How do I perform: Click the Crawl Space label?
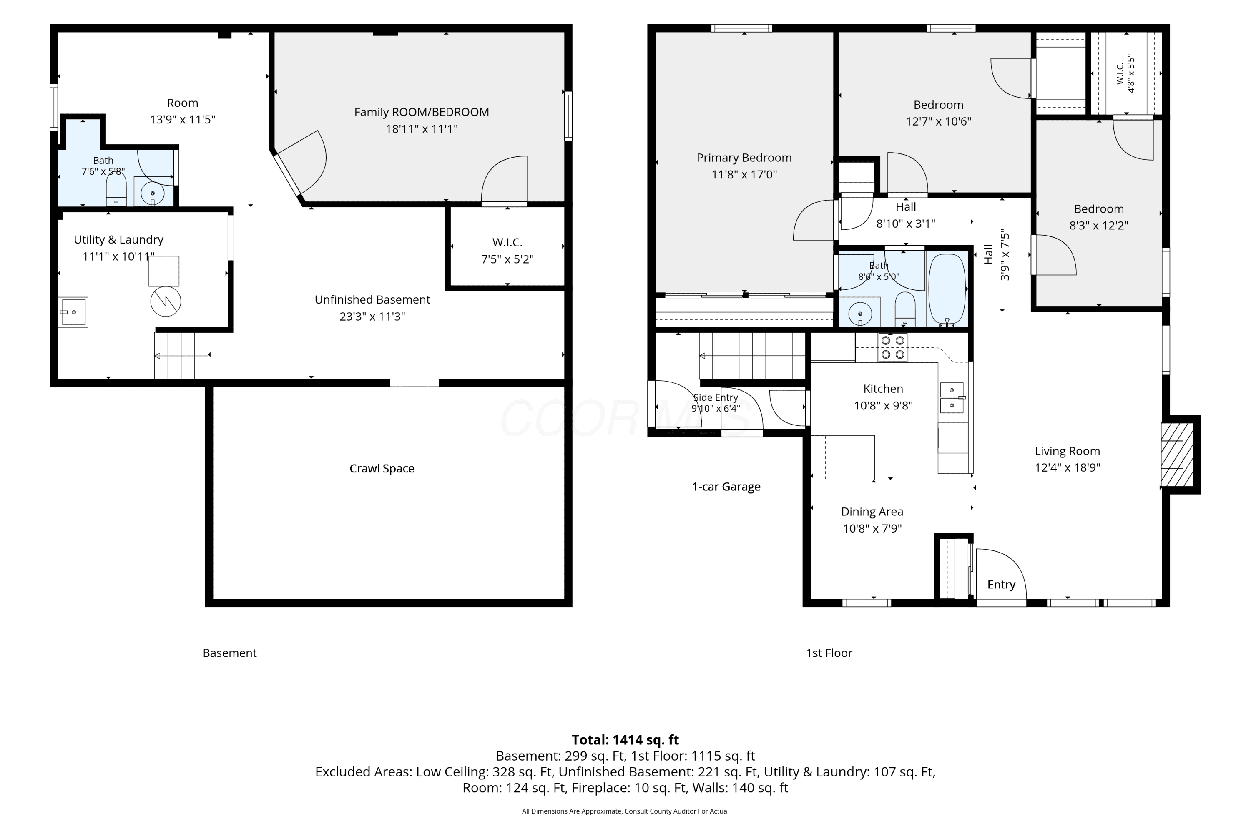pos(382,469)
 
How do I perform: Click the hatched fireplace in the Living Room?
pos(1177,455)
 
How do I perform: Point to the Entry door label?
pos(1001,585)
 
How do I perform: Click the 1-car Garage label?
pos(726,487)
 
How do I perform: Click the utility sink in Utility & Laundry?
pos(73,311)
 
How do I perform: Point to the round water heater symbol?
pos(166,301)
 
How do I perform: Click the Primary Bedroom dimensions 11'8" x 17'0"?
pos(744,174)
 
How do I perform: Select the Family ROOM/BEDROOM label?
pos(421,112)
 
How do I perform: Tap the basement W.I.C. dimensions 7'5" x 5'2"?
pos(507,259)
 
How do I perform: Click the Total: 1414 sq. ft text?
pos(625,740)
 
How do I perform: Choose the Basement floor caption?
pos(230,653)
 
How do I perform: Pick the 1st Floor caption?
pos(829,653)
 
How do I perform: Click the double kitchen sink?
pos(952,398)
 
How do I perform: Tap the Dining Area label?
pos(872,512)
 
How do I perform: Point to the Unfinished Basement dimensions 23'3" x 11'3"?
pos(372,317)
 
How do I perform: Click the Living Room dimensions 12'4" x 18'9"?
pos(1067,467)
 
